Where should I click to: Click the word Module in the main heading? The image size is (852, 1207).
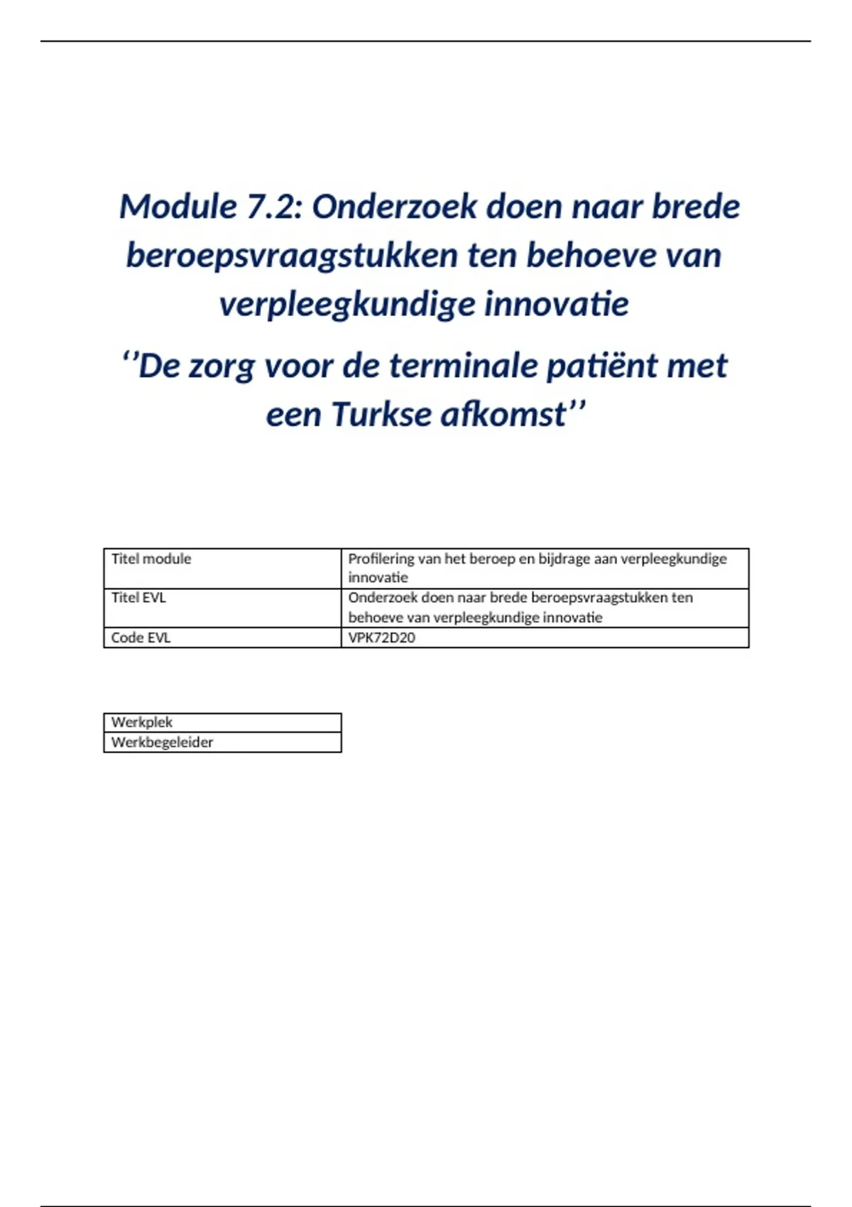tap(177, 207)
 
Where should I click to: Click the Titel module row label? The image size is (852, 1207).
tap(151, 559)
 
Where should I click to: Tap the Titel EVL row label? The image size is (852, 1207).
tap(138, 598)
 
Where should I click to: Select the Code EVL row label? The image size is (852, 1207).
tap(141, 638)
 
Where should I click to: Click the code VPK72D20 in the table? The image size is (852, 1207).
tap(381, 638)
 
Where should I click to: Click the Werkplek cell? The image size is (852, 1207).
tap(142, 722)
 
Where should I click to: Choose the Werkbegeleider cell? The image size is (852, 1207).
tap(162, 742)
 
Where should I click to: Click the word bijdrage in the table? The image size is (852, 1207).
tap(565, 559)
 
